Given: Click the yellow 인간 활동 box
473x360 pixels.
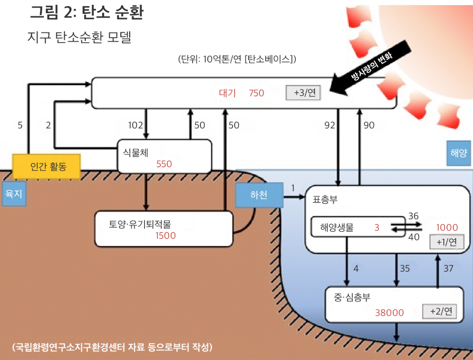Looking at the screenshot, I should point(46,166).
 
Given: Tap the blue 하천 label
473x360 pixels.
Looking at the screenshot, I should point(259,195).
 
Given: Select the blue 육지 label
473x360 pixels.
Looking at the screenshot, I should point(14,194).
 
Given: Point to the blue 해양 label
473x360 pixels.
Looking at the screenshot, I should point(458,153).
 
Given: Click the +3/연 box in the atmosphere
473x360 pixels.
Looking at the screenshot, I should point(303,93).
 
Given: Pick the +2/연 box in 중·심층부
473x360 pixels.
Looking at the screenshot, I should point(439,311).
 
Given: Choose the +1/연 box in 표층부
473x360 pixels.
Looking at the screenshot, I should point(446,242).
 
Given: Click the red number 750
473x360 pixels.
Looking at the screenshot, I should point(256,93).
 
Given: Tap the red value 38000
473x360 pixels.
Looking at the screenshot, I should point(389,313).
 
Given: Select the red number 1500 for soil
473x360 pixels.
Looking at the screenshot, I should point(165,235).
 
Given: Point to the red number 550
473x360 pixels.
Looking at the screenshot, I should point(164,164).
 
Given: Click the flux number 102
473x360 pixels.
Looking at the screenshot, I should point(135,125).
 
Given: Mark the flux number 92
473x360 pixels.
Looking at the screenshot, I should point(330,125).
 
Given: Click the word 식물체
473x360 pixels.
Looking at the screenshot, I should point(135,152).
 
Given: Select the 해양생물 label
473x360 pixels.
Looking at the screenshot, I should point(337,227).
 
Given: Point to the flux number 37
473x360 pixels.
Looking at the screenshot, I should point(448,268).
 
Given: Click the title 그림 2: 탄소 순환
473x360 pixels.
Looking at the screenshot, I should point(86,12).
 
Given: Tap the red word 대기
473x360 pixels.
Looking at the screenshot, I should point(227,93).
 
